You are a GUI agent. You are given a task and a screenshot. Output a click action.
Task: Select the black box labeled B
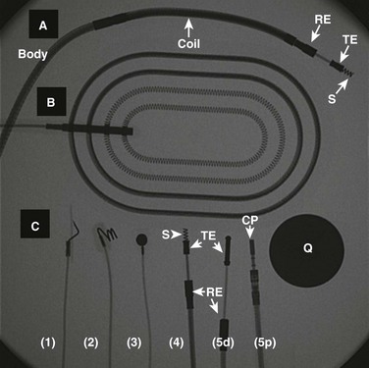51,101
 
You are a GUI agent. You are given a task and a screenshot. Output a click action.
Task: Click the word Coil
188,44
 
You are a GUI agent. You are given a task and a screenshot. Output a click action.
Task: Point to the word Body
32,54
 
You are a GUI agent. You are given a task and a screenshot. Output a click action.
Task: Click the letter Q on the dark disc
308,248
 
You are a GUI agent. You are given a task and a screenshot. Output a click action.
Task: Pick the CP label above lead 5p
250,221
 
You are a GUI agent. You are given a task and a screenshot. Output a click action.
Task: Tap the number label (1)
48,342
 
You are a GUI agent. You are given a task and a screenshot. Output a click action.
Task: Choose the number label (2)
90,342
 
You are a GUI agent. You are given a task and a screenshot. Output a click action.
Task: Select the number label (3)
133,342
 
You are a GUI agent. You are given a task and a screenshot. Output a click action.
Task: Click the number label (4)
177,342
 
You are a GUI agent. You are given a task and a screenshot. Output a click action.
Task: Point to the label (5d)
223,342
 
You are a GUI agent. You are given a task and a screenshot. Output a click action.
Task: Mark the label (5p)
265,342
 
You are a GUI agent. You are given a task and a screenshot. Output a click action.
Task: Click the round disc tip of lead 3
141,239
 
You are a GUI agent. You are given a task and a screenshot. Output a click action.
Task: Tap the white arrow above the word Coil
188,28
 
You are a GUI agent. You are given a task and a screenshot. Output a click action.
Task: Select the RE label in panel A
323,20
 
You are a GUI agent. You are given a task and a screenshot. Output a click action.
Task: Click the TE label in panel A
350,40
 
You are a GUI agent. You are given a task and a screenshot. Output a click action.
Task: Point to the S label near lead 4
165,235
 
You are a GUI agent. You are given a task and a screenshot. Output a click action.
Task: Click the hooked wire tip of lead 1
73,233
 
